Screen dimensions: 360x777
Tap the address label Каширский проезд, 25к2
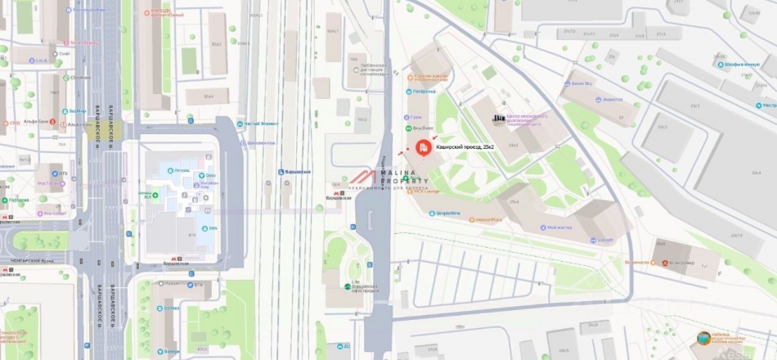click(x=465, y=146)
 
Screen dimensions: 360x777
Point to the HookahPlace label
click(x=511, y=219)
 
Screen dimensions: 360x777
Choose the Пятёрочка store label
click(x=424, y=91)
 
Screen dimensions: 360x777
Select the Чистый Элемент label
click(x=259, y=124)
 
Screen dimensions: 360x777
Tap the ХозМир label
click(x=78, y=110)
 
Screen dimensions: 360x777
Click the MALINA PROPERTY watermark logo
click(x=385, y=179)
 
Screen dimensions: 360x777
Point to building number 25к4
click(x=514, y=201)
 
